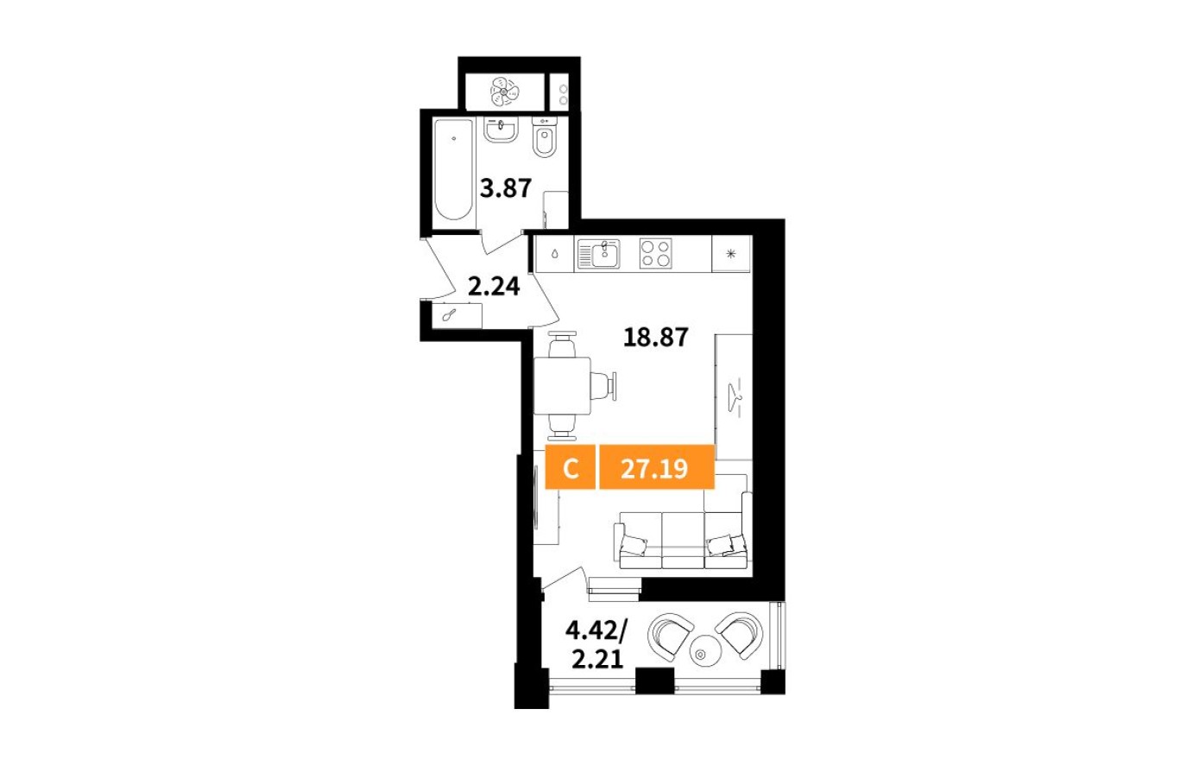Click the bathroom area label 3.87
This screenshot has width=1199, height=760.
pos(505,187)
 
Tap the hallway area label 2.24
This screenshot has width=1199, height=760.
pos(494,286)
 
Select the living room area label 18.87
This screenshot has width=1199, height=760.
pos(656,337)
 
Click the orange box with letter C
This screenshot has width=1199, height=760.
pos(570,469)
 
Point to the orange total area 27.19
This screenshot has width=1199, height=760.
pos(655,469)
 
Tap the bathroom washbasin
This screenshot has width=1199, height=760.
pos(500,130)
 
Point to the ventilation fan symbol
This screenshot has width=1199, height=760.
pos(503,89)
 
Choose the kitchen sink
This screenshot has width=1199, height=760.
pos(599,253)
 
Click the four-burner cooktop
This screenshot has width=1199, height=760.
pos(655,253)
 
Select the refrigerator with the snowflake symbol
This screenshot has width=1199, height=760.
pos(730,254)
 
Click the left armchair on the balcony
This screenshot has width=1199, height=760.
pos(670,635)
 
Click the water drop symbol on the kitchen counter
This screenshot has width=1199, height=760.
pos(553,254)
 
